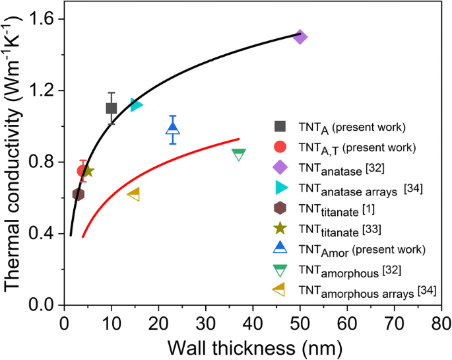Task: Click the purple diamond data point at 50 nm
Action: tap(300, 37)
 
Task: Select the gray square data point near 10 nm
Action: tap(112, 108)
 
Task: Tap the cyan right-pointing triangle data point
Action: tap(137, 104)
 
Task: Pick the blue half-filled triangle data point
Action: tap(173, 129)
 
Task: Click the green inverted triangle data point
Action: tap(239, 155)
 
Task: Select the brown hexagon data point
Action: tap(78, 194)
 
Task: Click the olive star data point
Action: tap(87, 171)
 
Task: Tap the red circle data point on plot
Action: tap(82, 171)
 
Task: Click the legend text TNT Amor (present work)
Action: tap(353, 249)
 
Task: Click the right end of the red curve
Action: tap(239, 139)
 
